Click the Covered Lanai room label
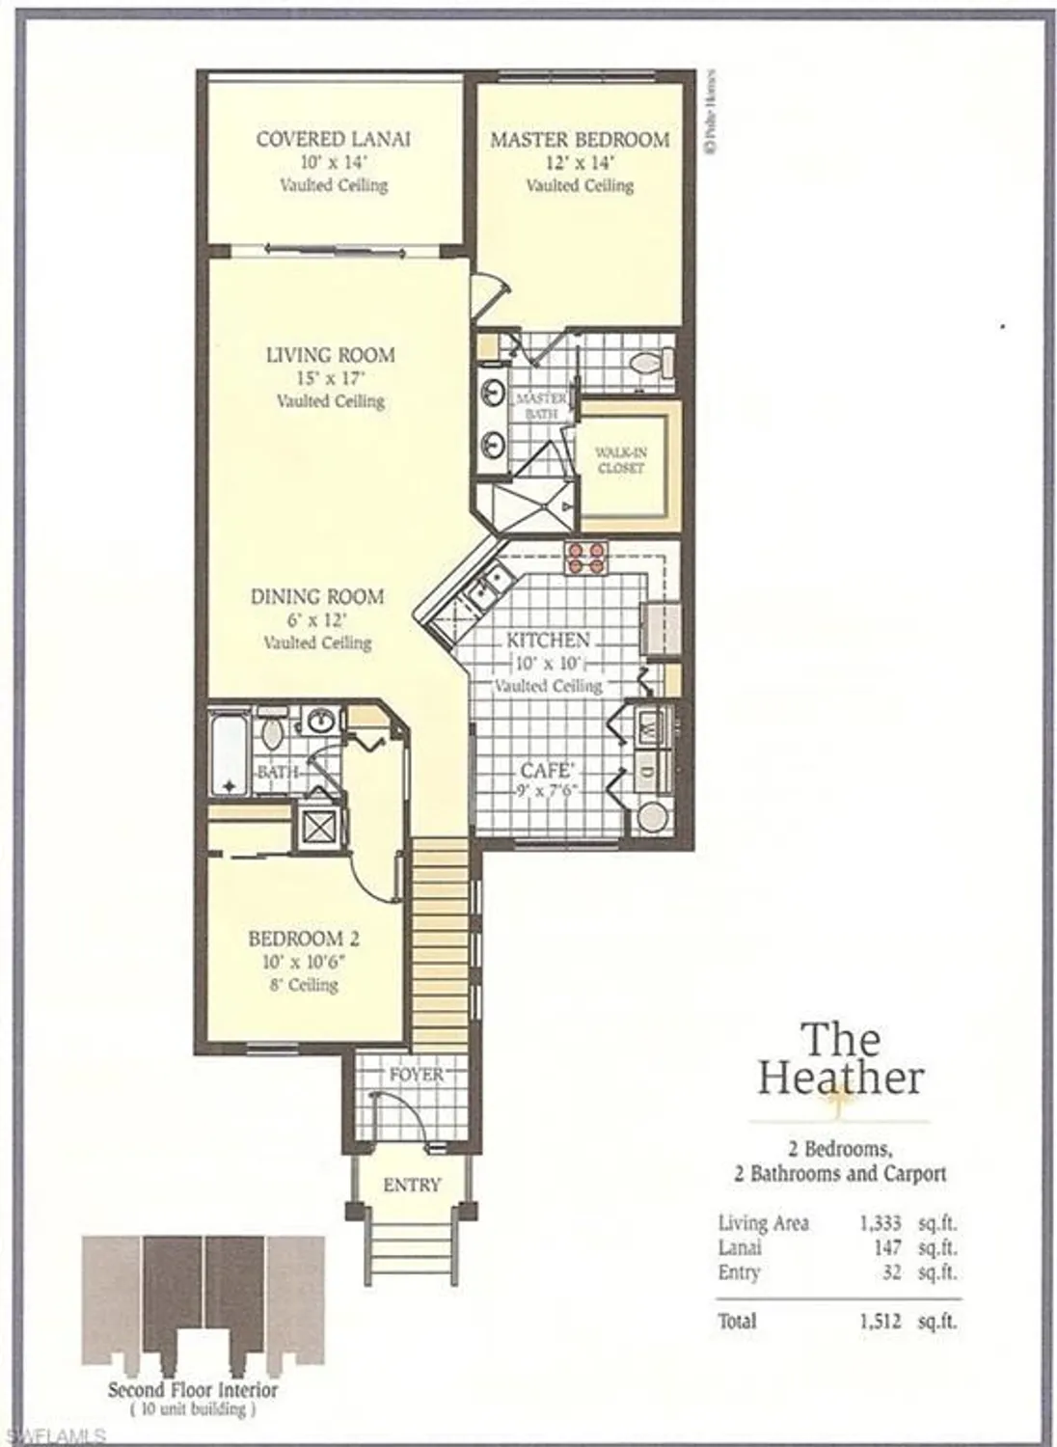(x=333, y=139)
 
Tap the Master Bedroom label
(x=580, y=140)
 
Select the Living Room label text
(x=330, y=355)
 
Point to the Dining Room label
(x=316, y=597)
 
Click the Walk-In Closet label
(x=620, y=460)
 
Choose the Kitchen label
(x=548, y=641)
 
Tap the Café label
(x=548, y=771)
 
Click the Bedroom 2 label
(x=303, y=939)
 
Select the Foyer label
(x=417, y=1075)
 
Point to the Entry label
(x=412, y=1186)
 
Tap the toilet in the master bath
(x=649, y=364)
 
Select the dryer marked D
(x=649, y=771)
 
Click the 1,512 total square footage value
(x=880, y=1322)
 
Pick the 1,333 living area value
(x=880, y=1223)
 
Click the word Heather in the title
(x=840, y=1078)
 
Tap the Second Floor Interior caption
(x=192, y=1390)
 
